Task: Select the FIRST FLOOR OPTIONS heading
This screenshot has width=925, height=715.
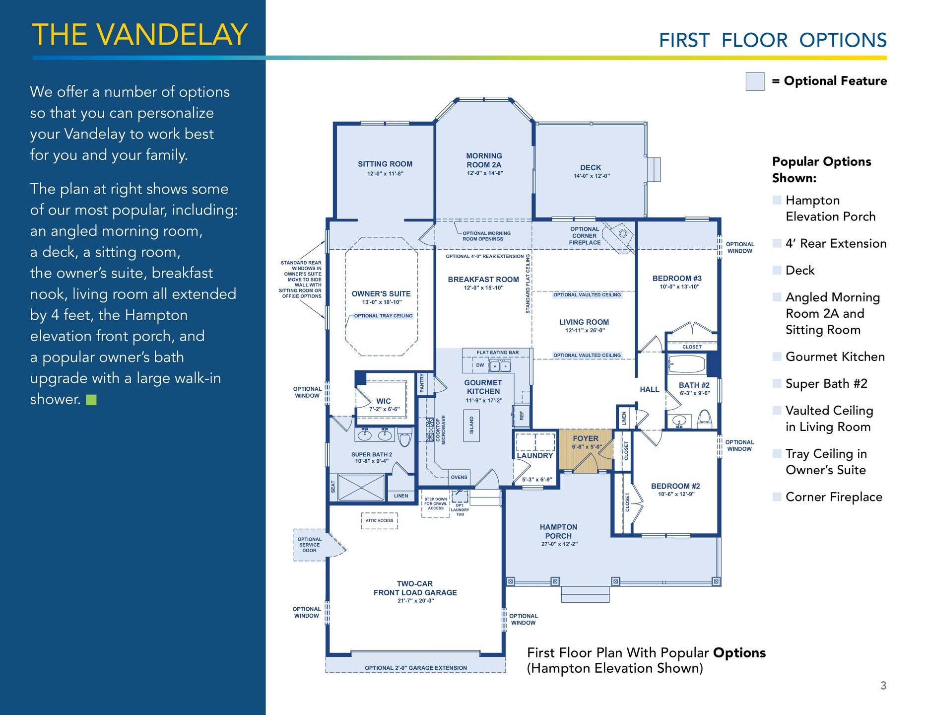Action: pos(773,40)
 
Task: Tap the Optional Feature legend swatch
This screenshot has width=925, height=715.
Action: pos(755,81)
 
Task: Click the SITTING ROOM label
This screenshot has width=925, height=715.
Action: pos(385,164)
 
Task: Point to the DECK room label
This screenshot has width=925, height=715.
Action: pos(591,168)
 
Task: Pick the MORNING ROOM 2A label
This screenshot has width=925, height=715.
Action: pos(484,160)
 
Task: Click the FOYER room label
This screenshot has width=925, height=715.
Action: pos(586,438)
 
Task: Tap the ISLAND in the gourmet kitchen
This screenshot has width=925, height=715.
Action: pos(471,426)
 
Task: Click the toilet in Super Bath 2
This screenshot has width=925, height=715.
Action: pos(404,437)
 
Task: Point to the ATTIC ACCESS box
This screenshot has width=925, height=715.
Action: pos(379,520)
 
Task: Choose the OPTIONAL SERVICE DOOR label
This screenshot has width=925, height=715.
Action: pos(310,545)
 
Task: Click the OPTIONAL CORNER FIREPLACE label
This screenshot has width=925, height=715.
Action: pos(585,236)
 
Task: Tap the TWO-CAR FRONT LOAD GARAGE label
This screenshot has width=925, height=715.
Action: pos(415,588)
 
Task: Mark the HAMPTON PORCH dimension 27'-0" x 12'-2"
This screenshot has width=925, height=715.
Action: pos(559,544)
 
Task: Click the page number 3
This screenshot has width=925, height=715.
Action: pos(883,686)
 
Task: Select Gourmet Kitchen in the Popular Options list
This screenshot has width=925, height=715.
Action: pos(835,357)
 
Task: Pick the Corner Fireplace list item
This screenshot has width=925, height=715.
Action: pos(834,497)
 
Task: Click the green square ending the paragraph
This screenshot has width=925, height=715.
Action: pos(91,400)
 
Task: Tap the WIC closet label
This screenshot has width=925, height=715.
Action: pos(384,401)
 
